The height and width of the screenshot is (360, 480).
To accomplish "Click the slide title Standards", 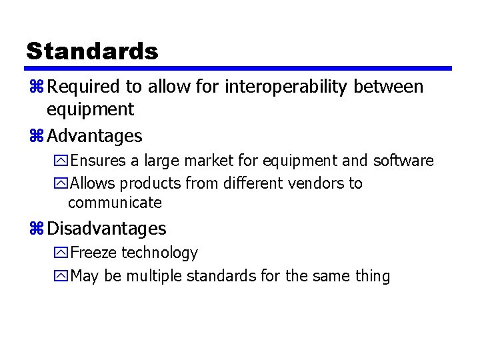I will (92, 51).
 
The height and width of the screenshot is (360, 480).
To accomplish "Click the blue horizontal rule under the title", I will (239, 68).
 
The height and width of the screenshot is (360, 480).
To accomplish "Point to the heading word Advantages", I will (95, 136).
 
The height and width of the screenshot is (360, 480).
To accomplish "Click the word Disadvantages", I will (107, 229).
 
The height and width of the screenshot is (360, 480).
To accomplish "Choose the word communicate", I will (115, 202).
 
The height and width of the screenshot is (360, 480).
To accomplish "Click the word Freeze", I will (93, 253).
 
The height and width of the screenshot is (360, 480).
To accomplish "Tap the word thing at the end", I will (373, 276).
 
